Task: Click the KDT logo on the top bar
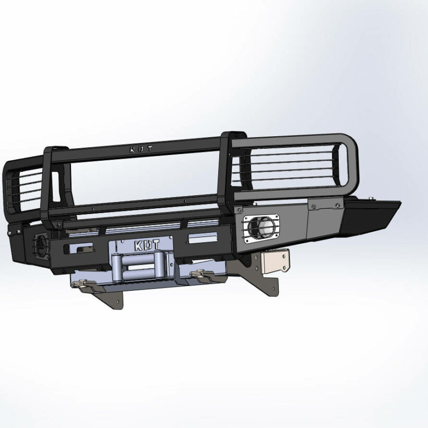140,149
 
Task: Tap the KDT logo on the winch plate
147,245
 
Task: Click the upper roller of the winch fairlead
137,258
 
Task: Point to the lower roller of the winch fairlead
138,276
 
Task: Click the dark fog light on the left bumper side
41,244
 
